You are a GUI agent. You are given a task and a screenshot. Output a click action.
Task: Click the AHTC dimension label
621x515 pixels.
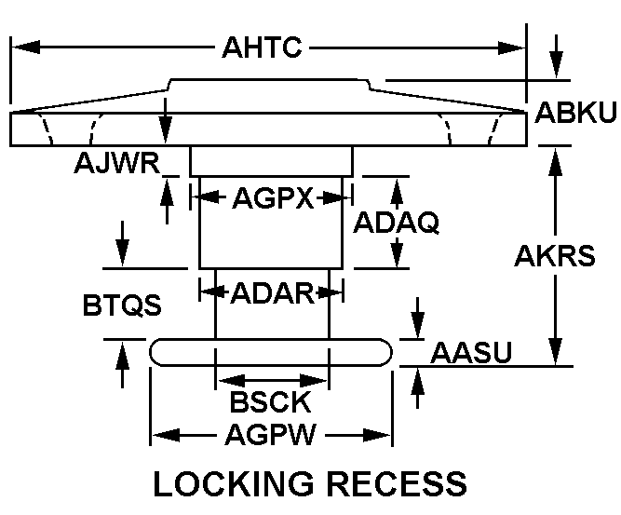click(262, 47)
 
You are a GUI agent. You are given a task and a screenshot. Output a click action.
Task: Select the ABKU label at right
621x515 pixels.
click(576, 113)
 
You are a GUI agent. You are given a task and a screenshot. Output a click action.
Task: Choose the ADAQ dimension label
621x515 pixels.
click(396, 223)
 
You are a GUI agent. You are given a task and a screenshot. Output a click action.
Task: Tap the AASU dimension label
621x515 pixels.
click(474, 352)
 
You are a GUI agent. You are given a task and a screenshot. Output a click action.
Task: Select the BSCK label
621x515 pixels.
click(270, 403)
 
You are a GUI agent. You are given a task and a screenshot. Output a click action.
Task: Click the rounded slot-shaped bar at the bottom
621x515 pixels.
click(271, 351)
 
